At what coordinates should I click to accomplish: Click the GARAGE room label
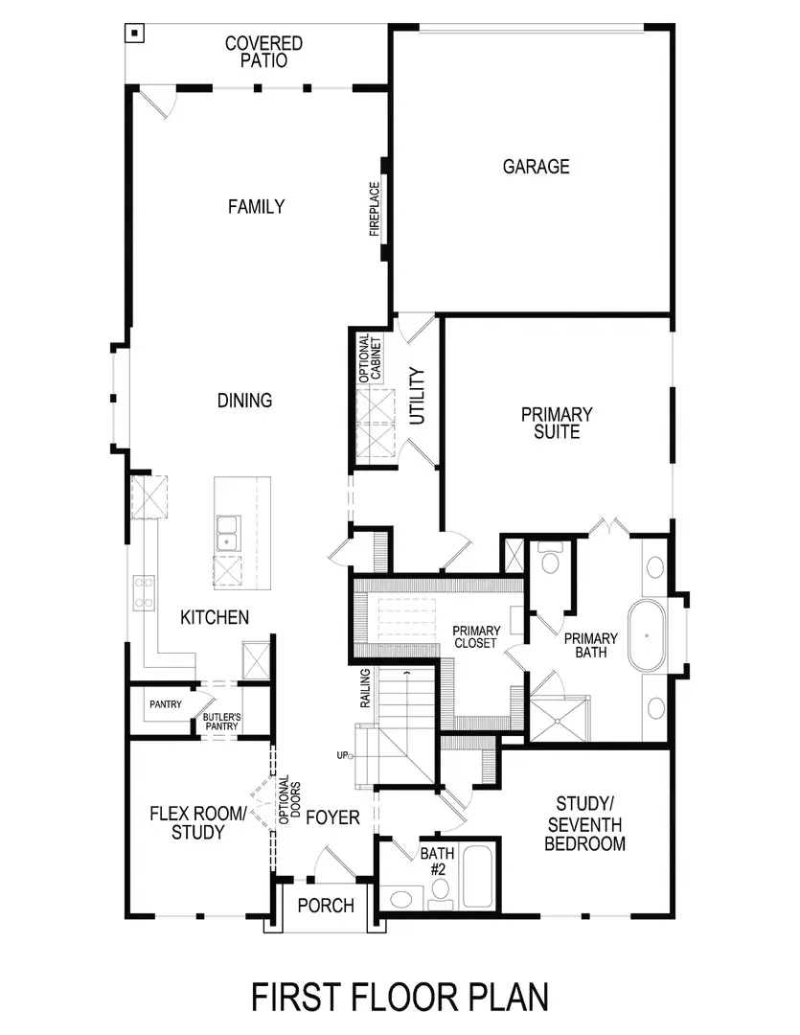[536, 167]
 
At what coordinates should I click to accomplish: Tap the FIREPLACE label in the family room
[375, 210]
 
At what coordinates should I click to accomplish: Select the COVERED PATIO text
[263, 52]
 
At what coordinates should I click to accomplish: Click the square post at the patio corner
[135, 34]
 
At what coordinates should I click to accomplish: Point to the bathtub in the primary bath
[650, 635]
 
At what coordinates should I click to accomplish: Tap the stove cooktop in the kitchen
[145, 591]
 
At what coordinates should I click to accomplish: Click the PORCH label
[326, 906]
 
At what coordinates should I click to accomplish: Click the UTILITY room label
[416, 396]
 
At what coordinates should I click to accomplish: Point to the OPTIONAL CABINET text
[370, 359]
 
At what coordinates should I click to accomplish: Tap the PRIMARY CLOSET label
[476, 636]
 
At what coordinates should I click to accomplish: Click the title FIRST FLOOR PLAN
[400, 996]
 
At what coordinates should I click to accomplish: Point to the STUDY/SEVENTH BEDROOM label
[584, 824]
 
